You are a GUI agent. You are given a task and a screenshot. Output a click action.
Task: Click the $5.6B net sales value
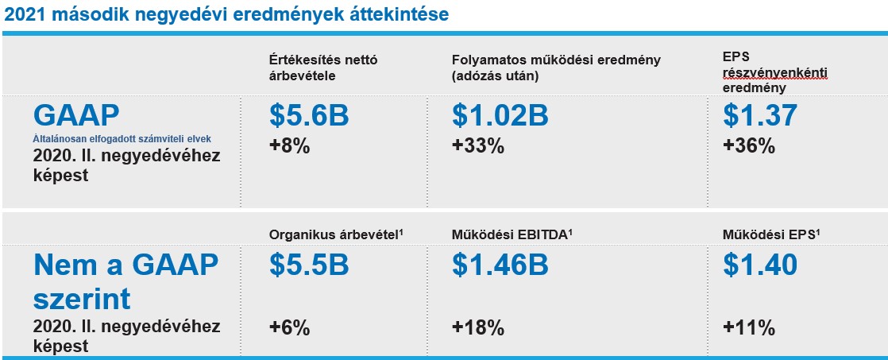click(309, 115)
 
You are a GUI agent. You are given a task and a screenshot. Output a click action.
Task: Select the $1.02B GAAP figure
click(500, 115)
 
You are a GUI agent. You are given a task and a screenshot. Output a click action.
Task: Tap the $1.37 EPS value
click(760, 115)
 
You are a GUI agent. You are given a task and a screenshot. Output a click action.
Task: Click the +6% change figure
click(289, 327)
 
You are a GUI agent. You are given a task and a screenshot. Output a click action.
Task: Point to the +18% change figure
click(478, 327)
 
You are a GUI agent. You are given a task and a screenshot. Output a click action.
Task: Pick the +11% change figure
click(749, 327)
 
